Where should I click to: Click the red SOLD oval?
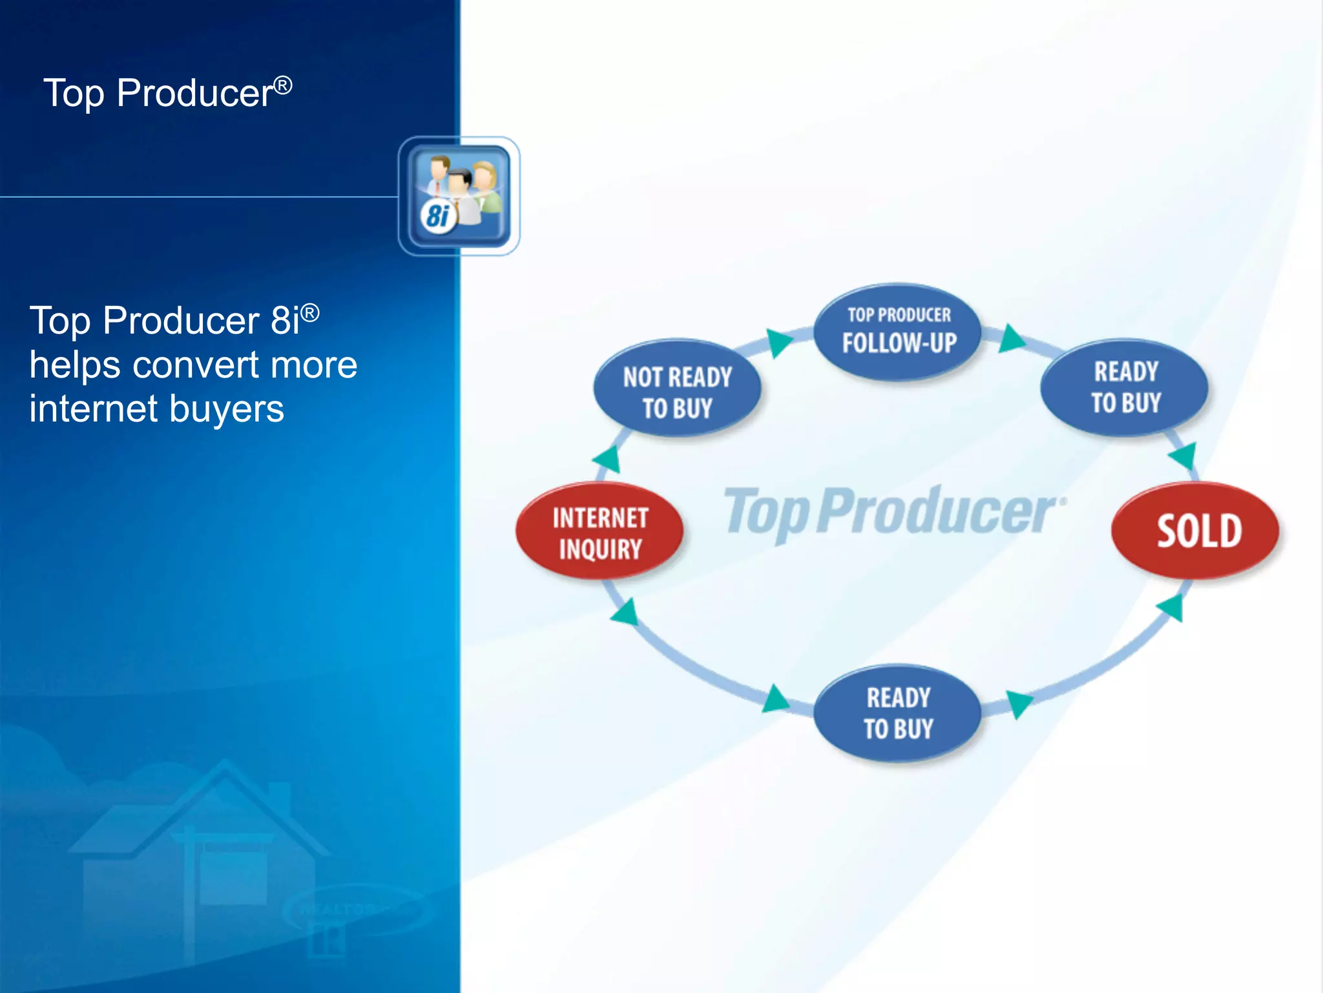[1195, 530]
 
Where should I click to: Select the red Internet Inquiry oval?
[599, 531]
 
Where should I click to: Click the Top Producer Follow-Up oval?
[898, 331]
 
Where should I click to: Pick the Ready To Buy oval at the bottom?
[898, 712]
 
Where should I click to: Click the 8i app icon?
[459, 196]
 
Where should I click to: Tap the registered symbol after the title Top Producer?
[283, 85]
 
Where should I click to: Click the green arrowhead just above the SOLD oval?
[1184, 456]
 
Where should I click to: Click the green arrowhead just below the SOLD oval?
[1171, 608]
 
